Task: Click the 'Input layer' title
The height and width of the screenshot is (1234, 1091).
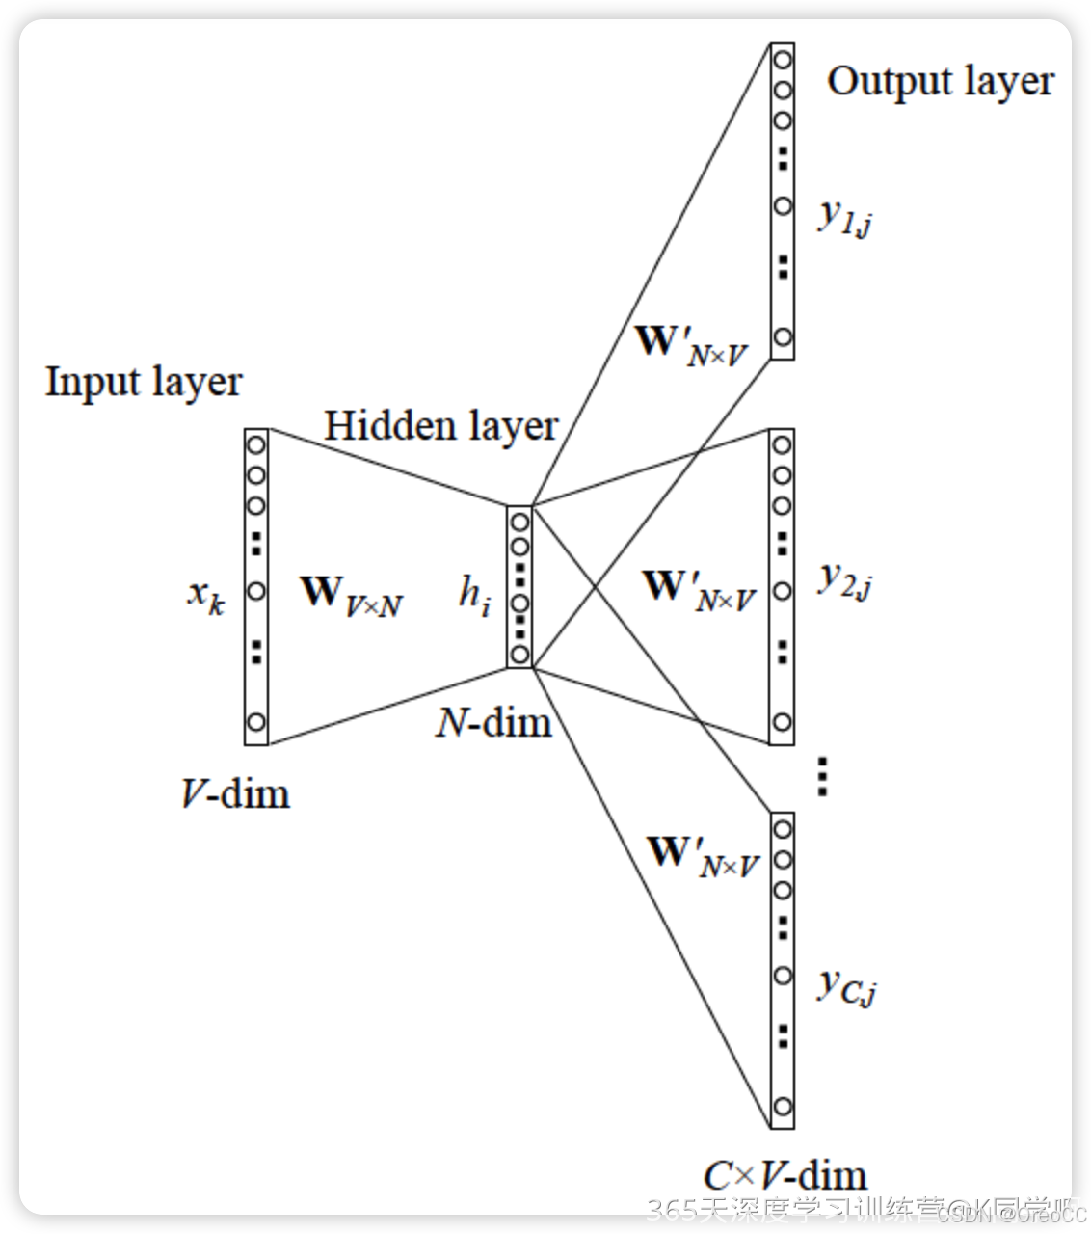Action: pyautogui.click(x=144, y=383)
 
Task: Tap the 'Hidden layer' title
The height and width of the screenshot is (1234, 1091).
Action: pyautogui.click(x=440, y=426)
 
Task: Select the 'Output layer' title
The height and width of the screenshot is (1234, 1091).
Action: pyautogui.click(x=940, y=82)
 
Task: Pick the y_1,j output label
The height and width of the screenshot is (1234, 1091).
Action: pyautogui.click(x=845, y=218)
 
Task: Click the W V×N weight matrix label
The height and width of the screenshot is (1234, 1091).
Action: pyautogui.click(x=350, y=595)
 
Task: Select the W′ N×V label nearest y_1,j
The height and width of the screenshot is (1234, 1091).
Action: pyautogui.click(x=690, y=345)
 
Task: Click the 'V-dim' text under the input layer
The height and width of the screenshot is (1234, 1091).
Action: pyautogui.click(x=235, y=794)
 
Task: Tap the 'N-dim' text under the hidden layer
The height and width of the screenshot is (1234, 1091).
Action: pyautogui.click(x=493, y=722)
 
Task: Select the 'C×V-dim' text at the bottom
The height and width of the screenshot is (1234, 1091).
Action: pyautogui.click(x=785, y=1175)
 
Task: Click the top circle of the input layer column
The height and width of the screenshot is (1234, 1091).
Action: pyautogui.click(x=256, y=445)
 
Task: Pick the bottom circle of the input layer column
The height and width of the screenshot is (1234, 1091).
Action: pyautogui.click(x=256, y=722)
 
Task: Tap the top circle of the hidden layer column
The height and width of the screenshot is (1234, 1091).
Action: pyautogui.click(x=519, y=523)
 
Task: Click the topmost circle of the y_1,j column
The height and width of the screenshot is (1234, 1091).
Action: pyautogui.click(x=783, y=60)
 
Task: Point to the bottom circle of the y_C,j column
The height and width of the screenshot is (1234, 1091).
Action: pyautogui.click(x=783, y=1106)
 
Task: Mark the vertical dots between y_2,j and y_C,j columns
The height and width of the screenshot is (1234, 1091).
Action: pyautogui.click(x=822, y=776)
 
